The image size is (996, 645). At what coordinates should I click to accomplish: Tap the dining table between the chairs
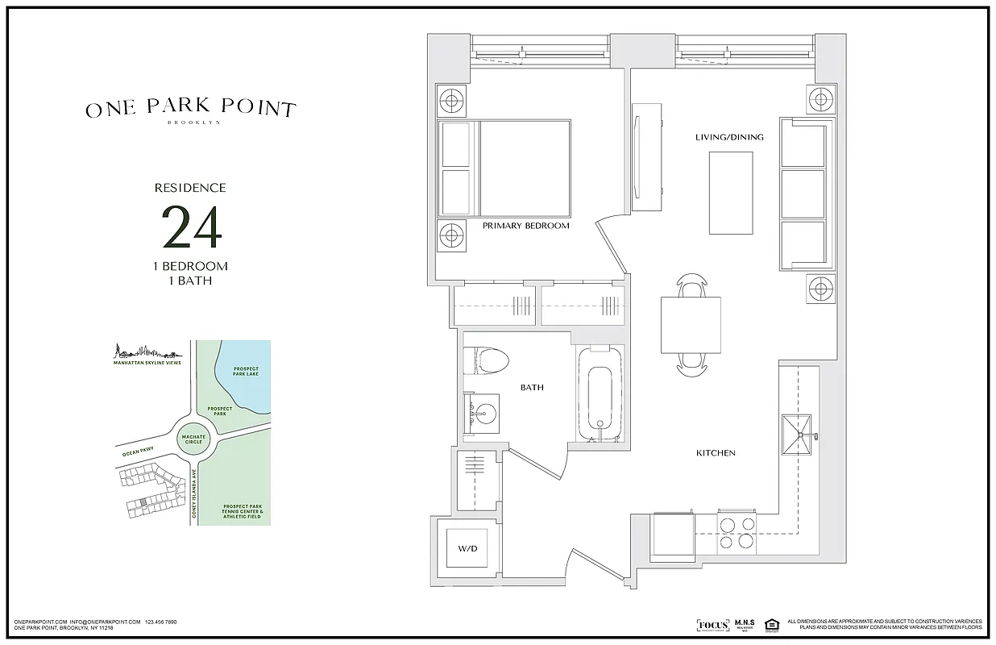pyautogui.click(x=691, y=325)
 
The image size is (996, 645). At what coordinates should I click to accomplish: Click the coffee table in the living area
pyautogui.click(x=731, y=193)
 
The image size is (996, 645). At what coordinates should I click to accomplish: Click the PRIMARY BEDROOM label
pyautogui.click(x=525, y=226)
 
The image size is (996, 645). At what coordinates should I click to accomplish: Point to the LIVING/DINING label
pyautogui.click(x=729, y=137)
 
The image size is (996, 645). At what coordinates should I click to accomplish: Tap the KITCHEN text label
pyautogui.click(x=716, y=453)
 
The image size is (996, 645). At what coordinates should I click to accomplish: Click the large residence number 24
pyautogui.click(x=191, y=228)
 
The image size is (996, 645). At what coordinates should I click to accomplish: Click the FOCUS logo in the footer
pyautogui.click(x=712, y=625)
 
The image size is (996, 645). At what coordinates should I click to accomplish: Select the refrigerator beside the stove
pyautogui.click(x=672, y=535)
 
